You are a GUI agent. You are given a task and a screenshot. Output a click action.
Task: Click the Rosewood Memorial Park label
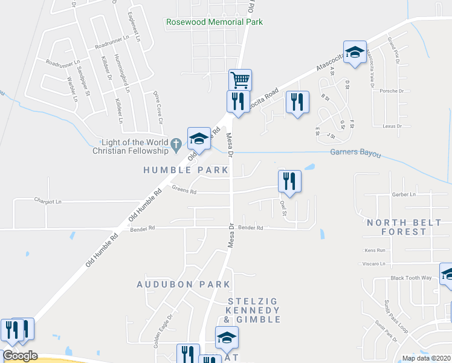pyautogui.click(x=215, y=22)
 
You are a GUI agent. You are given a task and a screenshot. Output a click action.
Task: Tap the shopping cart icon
pyautogui.click(x=240, y=79)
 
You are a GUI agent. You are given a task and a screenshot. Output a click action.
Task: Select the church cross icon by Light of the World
pyautogui.click(x=176, y=143)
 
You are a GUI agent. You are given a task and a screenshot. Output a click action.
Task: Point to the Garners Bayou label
pyautogui.click(x=356, y=154)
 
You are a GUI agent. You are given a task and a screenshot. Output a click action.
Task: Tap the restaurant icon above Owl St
pyautogui.click(x=289, y=180)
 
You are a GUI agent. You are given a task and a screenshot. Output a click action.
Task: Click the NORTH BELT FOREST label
pyautogui.click(x=404, y=227)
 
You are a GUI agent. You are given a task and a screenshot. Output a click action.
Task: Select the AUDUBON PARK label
pyautogui.click(x=183, y=284)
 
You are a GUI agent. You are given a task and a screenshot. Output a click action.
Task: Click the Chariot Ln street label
pyautogui.click(x=49, y=200)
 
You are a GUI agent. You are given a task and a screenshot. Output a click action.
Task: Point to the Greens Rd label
pyautogui.click(x=184, y=190)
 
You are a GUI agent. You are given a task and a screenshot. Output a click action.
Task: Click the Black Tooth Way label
pyautogui.click(x=411, y=278)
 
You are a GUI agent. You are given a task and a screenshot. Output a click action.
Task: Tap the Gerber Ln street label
pyautogui.click(x=404, y=195)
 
